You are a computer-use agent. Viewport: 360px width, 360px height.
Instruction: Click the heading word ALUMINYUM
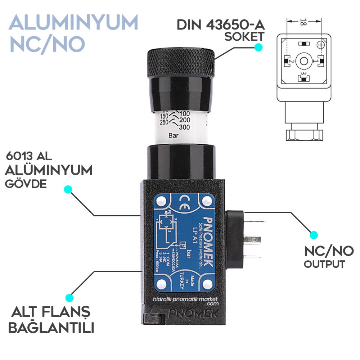(74, 23)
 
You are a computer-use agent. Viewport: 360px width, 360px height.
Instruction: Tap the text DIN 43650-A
(220, 25)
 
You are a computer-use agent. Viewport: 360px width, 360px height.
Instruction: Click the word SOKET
(244, 37)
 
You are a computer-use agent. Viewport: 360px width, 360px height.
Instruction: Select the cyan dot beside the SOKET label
(258, 47)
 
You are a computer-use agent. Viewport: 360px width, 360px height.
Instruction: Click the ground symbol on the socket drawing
(319, 45)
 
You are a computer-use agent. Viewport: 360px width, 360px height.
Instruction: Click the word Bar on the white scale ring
(174, 136)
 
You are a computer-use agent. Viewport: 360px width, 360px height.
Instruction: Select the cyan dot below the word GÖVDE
(68, 189)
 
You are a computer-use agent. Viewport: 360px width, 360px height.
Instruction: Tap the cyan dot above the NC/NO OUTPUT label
(314, 235)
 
